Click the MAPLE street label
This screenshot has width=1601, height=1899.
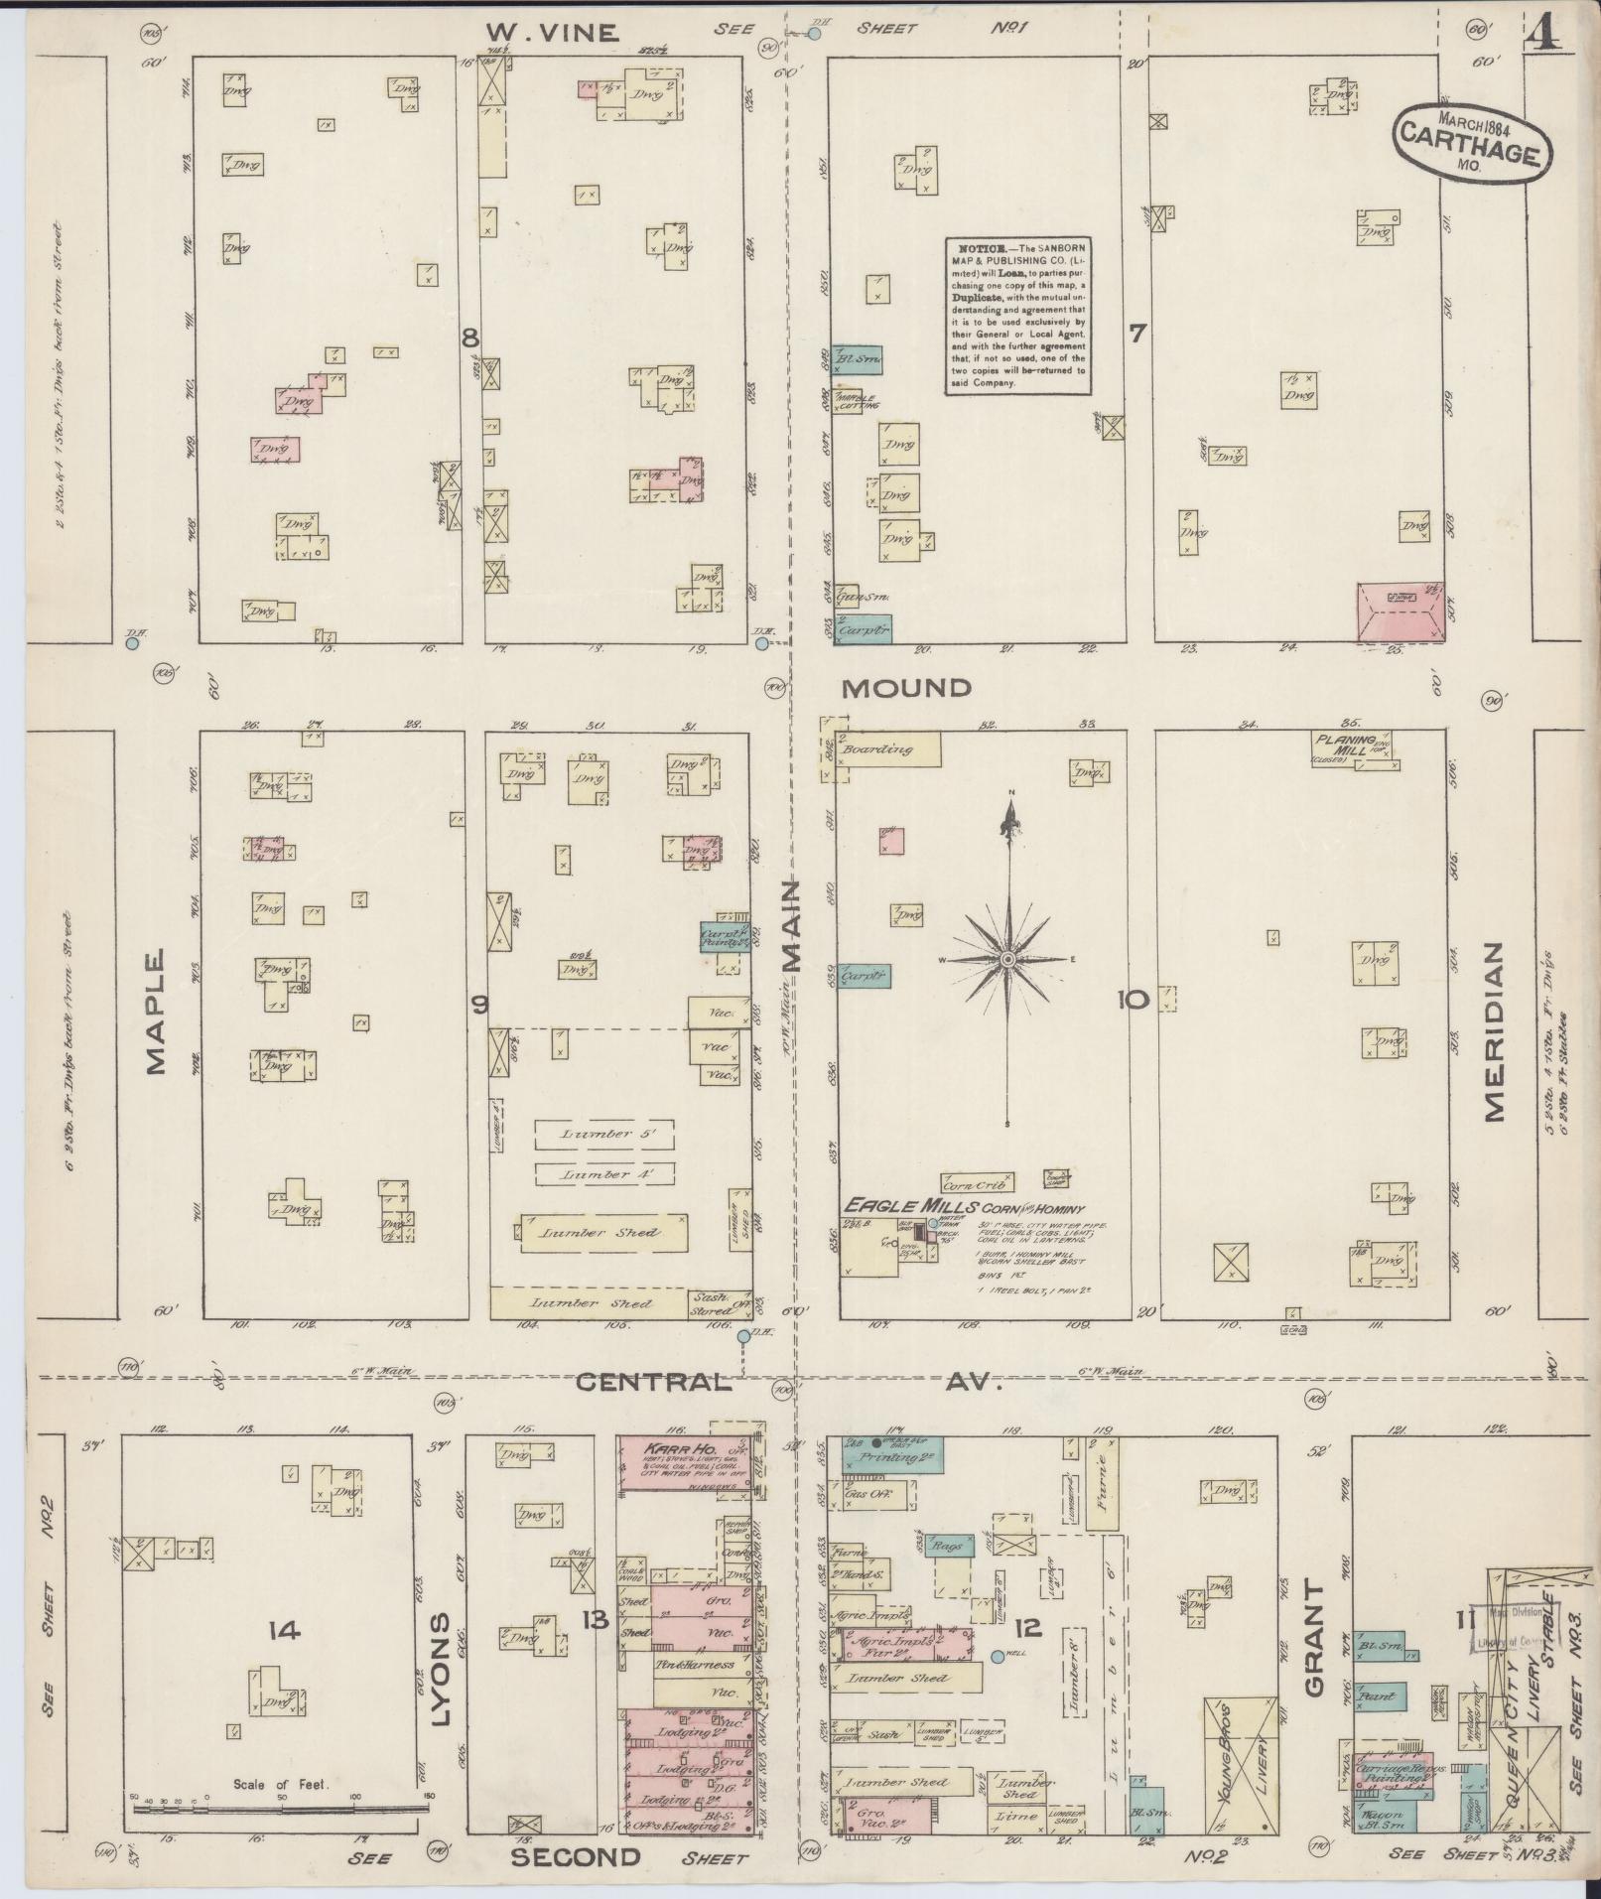(x=156, y=1012)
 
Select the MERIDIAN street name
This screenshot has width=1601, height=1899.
(x=1496, y=1031)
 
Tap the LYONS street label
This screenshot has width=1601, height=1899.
(x=444, y=1655)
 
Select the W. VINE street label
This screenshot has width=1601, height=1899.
(x=553, y=34)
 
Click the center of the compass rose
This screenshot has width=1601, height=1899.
(x=1008, y=960)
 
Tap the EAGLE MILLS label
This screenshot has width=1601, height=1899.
(x=891, y=1206)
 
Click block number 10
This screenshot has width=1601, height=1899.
(x=1132, y=1001)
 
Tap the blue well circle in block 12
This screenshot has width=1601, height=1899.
(x=997, y=1656)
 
